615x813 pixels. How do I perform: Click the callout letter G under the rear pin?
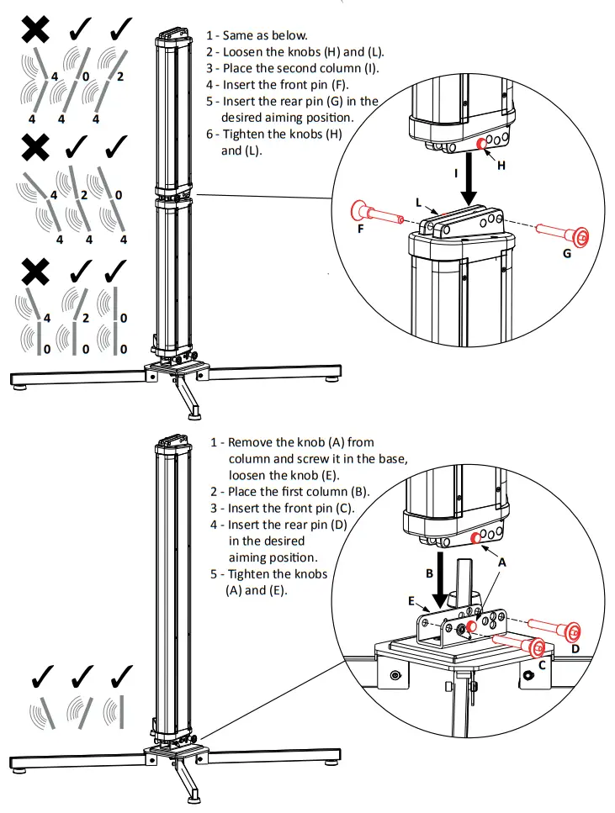pyautogui.click(x=566, y=252)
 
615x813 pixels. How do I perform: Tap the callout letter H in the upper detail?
pyautogui.click(x=501, y=166)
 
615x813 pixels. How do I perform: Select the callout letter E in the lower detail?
pyautogui.click(x=412, y=601)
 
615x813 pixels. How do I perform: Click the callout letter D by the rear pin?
pyautogui.click(x=575, y=648)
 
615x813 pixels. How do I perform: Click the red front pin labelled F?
pyautogui.click(x=375, y=214)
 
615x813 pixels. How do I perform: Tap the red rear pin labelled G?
pyautogui.click(x=558, y=231)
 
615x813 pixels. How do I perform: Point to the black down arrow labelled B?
pyautogui.click(x=441, y=580)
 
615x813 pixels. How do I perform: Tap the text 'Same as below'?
pyautogui.click(x=257, y=35)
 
